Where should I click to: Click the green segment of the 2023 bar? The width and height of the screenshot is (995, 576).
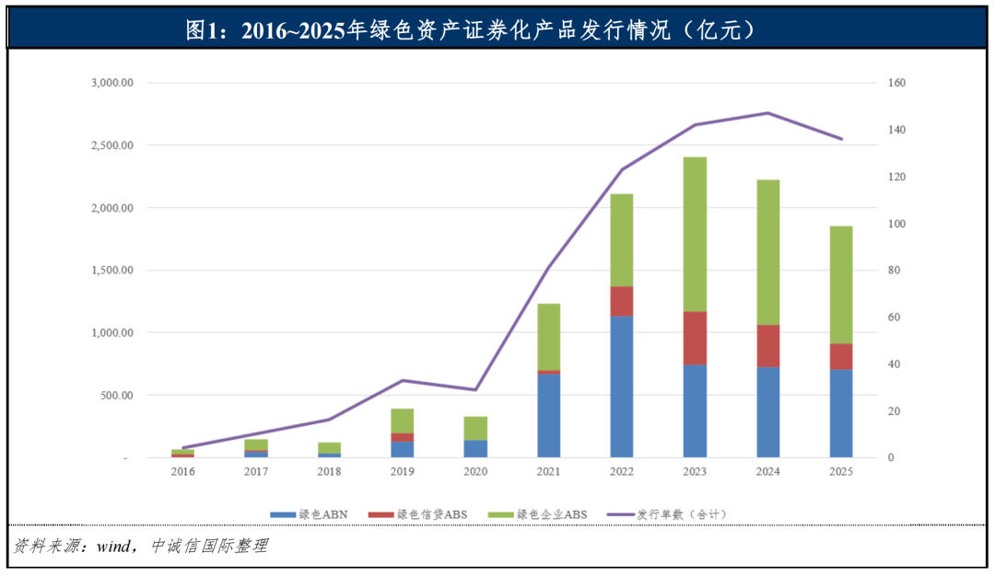pos(695,234)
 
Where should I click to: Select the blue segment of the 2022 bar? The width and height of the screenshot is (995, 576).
pos(622,386)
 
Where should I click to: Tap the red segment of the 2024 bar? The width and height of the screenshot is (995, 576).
pos(767,346)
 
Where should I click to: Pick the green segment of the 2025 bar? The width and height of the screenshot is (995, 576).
pos(840,284)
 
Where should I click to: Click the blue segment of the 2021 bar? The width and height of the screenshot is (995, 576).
pos(549,415)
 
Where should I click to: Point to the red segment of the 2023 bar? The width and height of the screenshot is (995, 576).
pos(695,338)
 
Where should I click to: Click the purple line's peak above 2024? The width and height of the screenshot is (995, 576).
pos(767,113)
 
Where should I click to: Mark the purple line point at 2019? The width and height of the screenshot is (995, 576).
pos(403,380)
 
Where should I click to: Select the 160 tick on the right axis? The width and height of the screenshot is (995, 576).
pos(896,83)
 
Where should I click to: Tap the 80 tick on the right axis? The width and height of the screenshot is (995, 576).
pos(894,271)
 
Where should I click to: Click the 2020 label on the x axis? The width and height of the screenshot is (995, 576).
pos(475,471)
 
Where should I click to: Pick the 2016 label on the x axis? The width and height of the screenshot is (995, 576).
pos(183,471)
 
